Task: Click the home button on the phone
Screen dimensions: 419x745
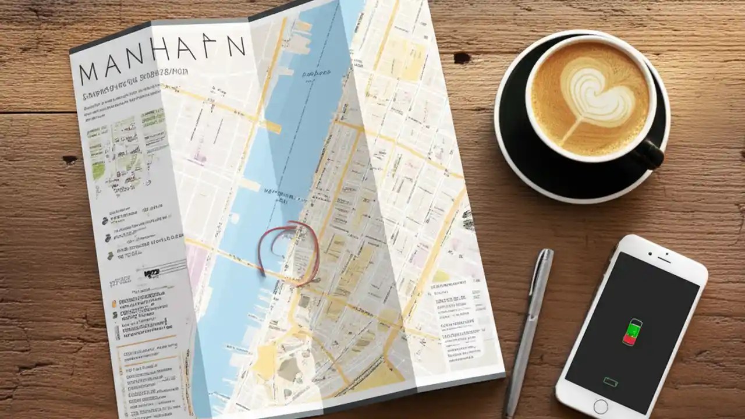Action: [x=601, y=406]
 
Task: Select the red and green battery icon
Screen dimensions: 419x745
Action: [x=632, y=332]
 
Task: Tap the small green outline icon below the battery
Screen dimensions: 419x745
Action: [x=611, y=382]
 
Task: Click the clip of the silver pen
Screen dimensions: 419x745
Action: [x=539, y=274]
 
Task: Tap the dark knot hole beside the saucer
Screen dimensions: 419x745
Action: [x=462, y=58]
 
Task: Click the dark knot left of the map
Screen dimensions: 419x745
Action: [x=70, y=159]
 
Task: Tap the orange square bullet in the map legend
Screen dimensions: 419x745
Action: [x=115, y=303]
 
